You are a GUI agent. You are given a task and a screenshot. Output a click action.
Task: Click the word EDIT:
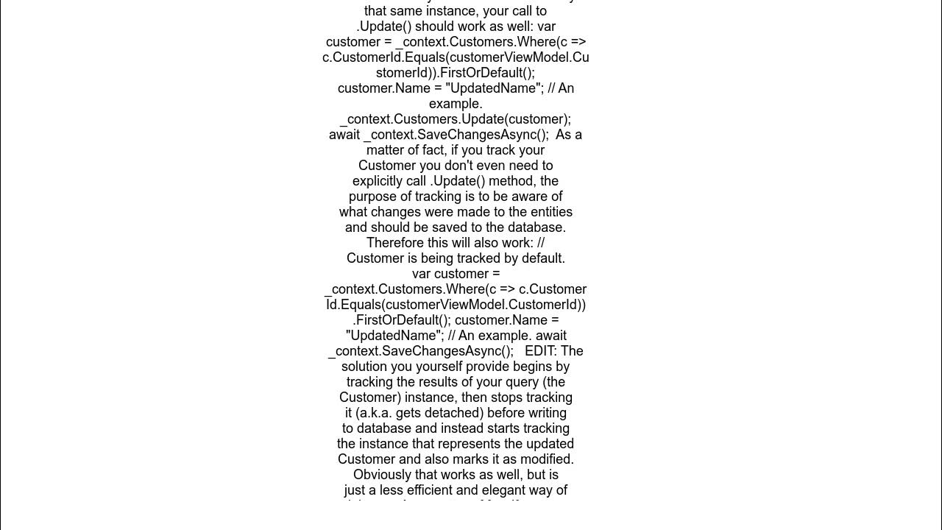pyautogui.click(x=541, y=351)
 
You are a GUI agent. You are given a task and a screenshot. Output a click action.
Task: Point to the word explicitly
pyautogui.click(x=380, y=181)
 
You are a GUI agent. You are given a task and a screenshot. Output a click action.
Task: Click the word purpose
pyautogui.click(x=372, y=197)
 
